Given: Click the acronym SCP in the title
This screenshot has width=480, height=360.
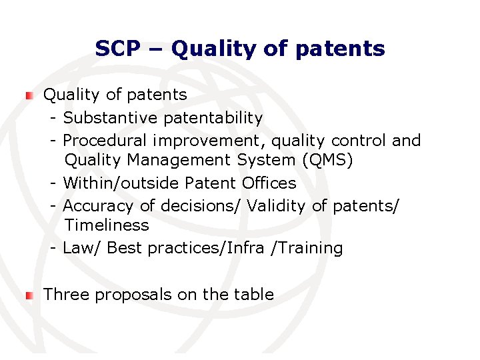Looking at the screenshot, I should pyautogui.click(x=119, y=49).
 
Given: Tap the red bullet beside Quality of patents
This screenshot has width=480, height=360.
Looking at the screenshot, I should pyautogui.click(x=28, y=96).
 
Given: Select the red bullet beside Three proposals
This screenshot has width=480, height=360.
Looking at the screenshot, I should pyautogui.click(x=28, y=295).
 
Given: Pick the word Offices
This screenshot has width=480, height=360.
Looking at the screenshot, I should pyautogui.click(x=269, y=183).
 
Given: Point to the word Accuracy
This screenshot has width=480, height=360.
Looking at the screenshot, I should pyautogui.click(x=98, y=206).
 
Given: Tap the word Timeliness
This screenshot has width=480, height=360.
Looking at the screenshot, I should pyautogui.click(x=107, y=225).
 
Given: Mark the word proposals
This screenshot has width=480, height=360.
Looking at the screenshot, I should pyautogui.click(x=134, y=295).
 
